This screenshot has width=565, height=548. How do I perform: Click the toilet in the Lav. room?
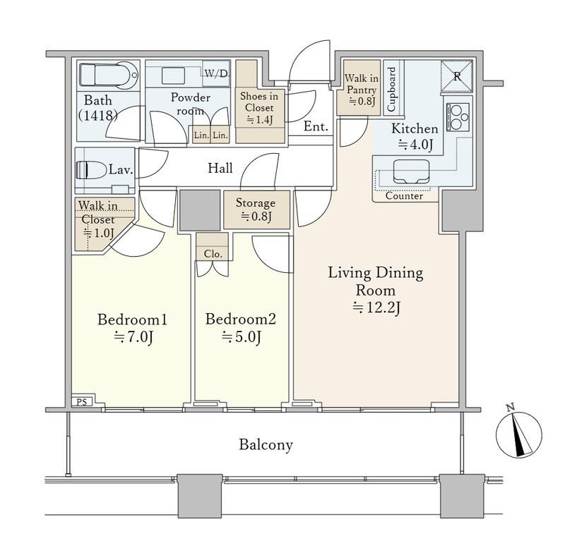[x=83, y=170]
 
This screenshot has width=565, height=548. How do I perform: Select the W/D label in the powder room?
[x=216, y=73]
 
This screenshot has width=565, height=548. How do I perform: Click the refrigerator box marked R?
[x=456, y=76]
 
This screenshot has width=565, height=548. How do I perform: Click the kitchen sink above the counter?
[x=411, y=171]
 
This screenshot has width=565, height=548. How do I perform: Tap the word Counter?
[x=404, y=196]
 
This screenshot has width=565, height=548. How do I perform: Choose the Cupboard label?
[x=391, y=89]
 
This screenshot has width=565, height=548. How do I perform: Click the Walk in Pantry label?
[x=362, y=90]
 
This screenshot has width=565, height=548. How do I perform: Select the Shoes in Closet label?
[x=259, y=108]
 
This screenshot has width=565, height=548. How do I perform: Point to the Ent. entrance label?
[x=316, y=126]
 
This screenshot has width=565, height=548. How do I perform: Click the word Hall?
[x=220, y=168]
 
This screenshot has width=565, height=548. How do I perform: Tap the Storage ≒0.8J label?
[x=256, y=209]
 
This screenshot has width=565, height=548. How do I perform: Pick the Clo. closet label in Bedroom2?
[x=213, y=254]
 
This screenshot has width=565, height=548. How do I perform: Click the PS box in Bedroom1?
[x=82, y=401]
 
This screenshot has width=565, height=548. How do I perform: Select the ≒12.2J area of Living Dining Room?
[x=376, y=308]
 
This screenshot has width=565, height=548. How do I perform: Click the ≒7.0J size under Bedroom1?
[x=134, y=337]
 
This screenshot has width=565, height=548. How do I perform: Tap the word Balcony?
[x=266, y=445]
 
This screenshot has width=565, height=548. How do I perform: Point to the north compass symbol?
[x=518, y=434]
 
